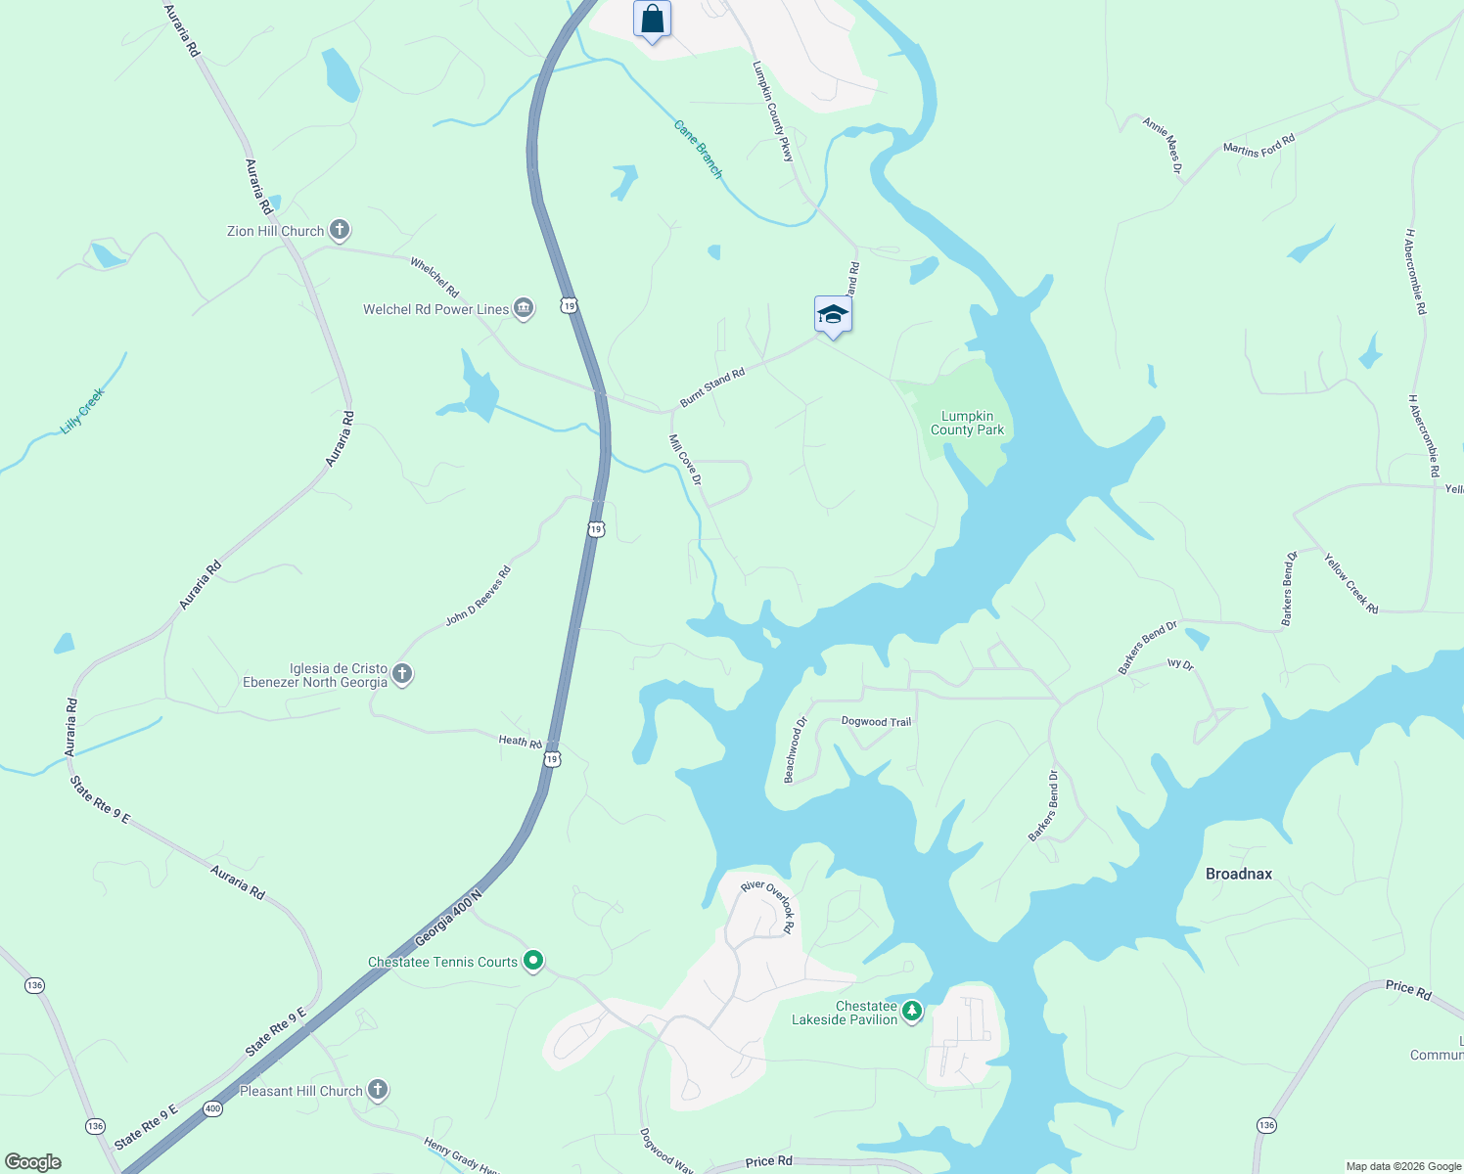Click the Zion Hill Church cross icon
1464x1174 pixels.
click(340, 231)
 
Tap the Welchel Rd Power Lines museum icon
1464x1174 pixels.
click(524, 309)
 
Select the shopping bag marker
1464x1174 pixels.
click(652, 20)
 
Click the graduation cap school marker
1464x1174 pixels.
click(833, 314)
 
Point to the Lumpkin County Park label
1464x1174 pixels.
click(967, 423)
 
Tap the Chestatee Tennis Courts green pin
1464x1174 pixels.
click(533, 962)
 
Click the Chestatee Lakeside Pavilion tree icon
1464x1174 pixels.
click(912, 1012)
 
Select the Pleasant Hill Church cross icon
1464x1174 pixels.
click(378, 1090)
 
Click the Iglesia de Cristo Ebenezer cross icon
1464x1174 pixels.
click(402, 674)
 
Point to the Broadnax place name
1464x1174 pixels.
click(1239, 874)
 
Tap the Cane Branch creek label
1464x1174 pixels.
click(699, 150)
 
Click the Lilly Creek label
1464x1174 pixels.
click(82, 411)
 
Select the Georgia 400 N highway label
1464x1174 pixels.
click(449, 918)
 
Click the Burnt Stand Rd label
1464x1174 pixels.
click(712, 387)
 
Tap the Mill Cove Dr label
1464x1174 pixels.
click(685, 459)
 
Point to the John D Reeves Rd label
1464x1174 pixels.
click(479, 597)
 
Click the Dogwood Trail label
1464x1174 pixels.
click(876, 722)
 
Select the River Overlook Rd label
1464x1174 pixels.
click(768, 906)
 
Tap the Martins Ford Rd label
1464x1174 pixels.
click(1258, 145)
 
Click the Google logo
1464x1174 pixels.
click(33, 1162)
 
